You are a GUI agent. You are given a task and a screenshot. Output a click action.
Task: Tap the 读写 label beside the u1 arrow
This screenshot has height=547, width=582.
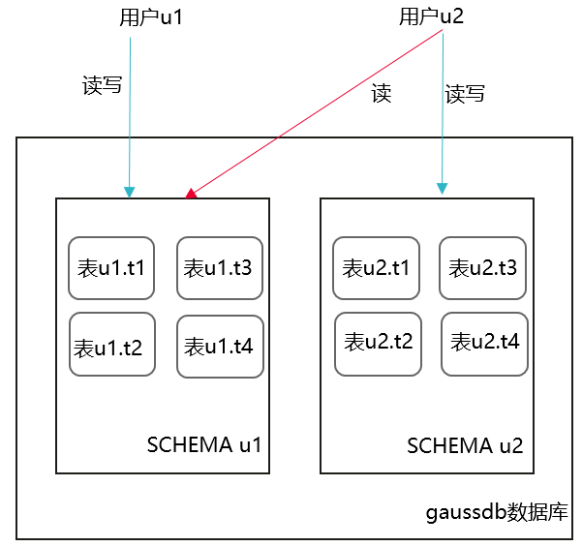[103, 85]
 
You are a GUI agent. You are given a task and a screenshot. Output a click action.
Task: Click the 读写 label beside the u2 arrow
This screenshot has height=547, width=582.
[465, 94]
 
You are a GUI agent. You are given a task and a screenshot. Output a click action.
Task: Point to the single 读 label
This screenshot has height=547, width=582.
[382, 94]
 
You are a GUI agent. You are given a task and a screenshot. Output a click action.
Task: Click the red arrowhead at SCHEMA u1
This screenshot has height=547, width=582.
[192, 195]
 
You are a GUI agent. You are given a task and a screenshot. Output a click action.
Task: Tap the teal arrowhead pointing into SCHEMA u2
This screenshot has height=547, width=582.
[442, 188]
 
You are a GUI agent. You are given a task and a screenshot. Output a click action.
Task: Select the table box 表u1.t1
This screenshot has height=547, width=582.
[111, 268]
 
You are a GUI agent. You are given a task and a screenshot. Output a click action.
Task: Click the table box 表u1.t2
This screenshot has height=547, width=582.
[111, 345]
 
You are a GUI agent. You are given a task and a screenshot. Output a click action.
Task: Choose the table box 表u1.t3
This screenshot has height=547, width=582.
[220, 268]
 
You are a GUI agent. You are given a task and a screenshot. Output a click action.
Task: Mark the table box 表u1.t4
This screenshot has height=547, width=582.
[220, 346]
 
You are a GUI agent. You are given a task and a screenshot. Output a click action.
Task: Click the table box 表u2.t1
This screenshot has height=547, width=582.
[377, 267]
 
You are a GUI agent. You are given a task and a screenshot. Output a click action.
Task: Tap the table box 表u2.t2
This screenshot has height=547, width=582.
[378, 343]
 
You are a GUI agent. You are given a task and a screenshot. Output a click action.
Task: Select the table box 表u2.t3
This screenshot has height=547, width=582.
[483, 267]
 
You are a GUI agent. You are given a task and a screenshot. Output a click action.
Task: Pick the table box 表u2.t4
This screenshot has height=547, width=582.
[485, 343]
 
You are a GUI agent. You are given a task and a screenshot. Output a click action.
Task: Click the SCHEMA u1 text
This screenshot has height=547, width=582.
[204, 445]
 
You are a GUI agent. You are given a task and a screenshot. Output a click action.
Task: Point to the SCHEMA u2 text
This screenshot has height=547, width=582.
[465, 446]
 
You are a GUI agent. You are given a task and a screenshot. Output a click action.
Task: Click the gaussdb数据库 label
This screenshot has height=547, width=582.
[497, 511]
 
